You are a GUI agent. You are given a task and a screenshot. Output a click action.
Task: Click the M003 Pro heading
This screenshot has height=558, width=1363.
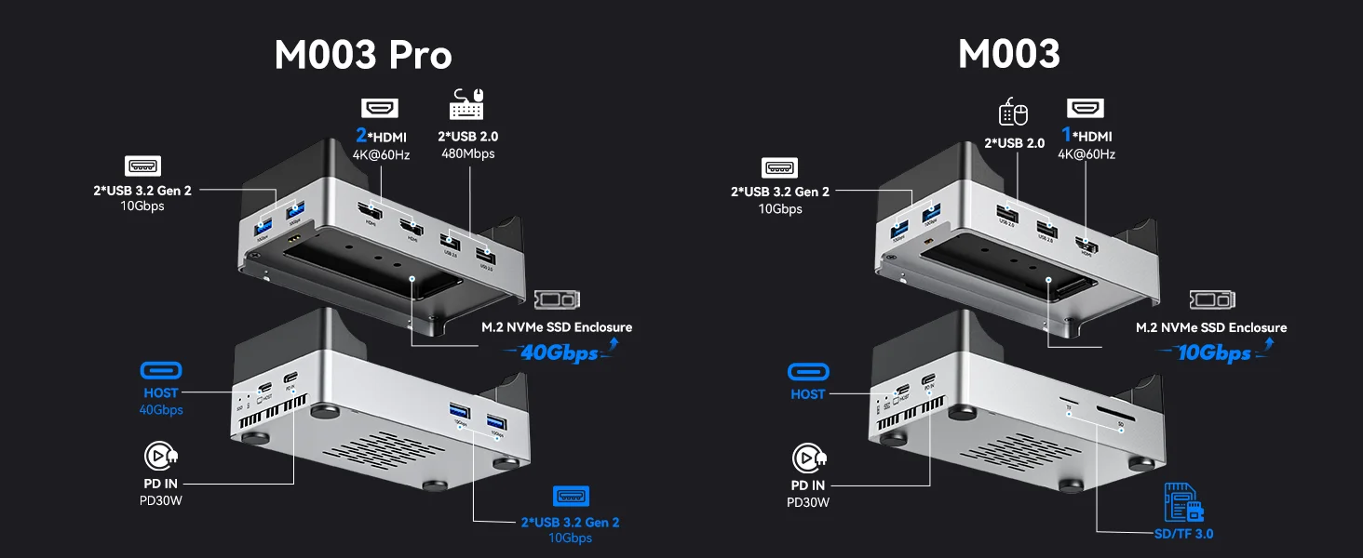[363, 55]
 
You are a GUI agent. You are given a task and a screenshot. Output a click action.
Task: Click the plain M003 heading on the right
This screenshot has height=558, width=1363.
[1009, 55]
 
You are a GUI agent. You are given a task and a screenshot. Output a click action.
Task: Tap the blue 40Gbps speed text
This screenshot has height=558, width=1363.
[559, 353]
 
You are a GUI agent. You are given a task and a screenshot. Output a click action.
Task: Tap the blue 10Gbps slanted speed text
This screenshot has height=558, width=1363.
[1214, 353]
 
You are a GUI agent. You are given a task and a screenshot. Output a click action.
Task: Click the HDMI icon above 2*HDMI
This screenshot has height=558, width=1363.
[380, 108]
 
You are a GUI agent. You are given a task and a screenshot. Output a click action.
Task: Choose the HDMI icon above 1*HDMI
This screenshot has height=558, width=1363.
[1085, 108]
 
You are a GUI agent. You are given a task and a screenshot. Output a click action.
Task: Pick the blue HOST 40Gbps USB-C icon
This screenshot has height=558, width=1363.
[161, 370]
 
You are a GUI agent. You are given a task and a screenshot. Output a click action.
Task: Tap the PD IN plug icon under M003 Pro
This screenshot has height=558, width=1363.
[160, 456]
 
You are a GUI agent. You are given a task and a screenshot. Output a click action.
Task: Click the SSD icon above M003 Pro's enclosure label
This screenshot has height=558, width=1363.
[557, 300]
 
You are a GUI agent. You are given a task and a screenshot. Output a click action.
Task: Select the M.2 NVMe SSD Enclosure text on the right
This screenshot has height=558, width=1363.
[1211, 327]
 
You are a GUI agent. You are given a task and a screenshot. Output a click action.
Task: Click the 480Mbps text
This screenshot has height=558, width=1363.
[468, 153]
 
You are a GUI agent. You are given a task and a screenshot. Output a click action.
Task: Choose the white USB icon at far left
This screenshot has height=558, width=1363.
[142, 166]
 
